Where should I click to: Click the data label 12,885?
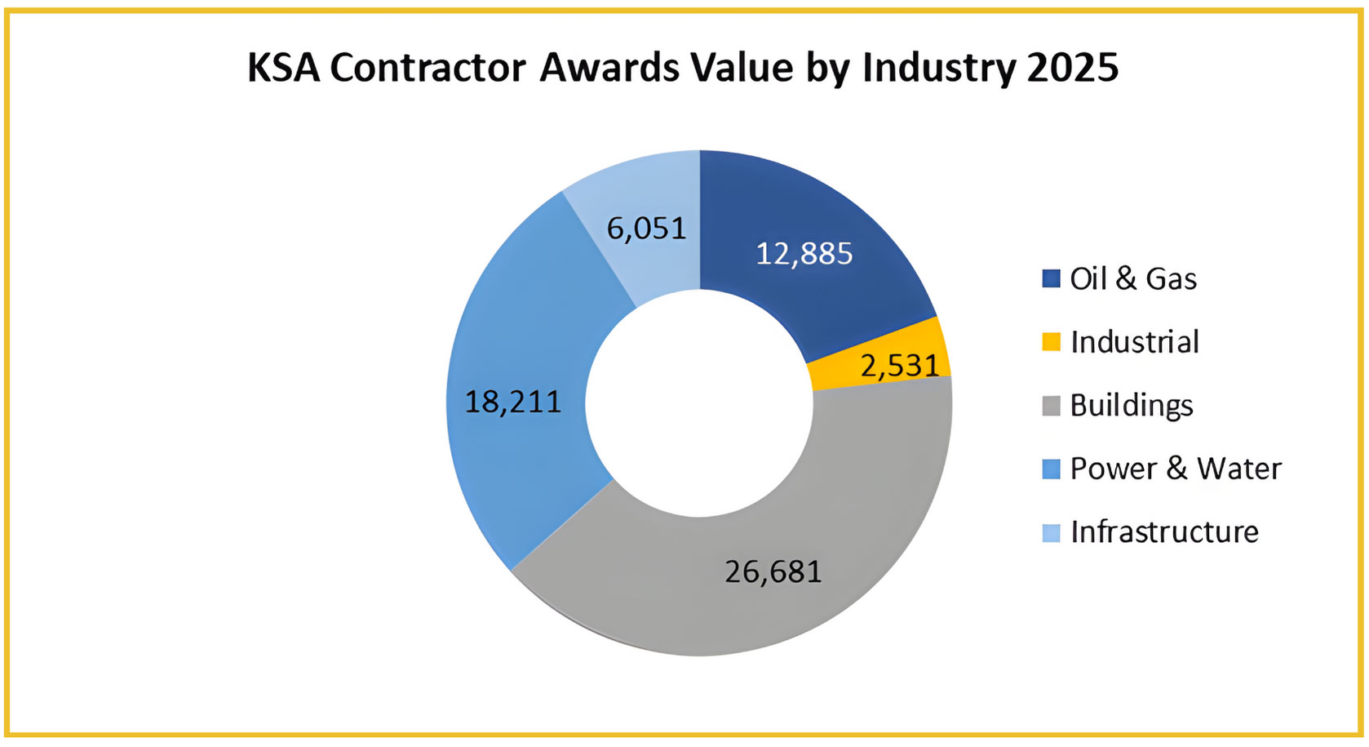point(804,254)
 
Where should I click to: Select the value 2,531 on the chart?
point(900,366)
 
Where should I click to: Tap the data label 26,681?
point(773,571)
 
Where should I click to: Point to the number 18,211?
point(513,402)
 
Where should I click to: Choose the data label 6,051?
point(647,229)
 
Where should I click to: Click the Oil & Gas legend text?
point(1133,279)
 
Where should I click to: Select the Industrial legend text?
point(1135,342)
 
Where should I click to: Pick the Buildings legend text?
point(1132,406)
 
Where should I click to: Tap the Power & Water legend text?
point(1176,469)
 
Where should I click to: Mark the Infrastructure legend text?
point(1164,532)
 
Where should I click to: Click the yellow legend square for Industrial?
point(1052,342)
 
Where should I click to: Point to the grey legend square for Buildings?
point(1052,406)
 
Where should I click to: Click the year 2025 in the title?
point(1073,68)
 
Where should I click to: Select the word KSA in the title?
point(283,68)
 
